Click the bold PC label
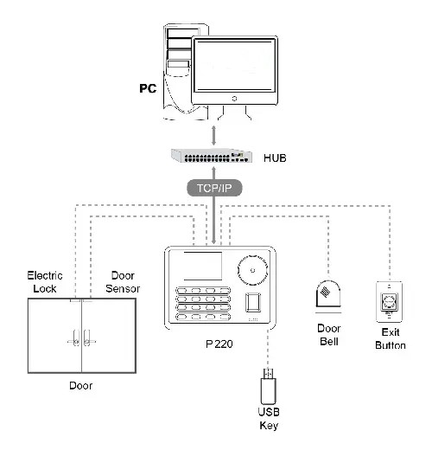[148, 88]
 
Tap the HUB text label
[275, 158]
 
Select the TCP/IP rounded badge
[214, 188]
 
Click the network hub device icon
[212, 156]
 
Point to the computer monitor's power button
[234, 99]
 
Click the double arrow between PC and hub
[213, 136]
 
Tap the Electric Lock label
[45, 282]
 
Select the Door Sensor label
[123, 282]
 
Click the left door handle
[74, 338]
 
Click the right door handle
[88, 338]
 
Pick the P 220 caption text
[219, 344]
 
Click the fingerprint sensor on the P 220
[253, 302]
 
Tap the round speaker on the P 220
[252, 270]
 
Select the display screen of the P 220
[203, 266]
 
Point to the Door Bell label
[329, 335]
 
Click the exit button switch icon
[390, 302]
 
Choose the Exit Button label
[391, 338]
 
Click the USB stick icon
[269, 387]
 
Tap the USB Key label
[269, 419]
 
